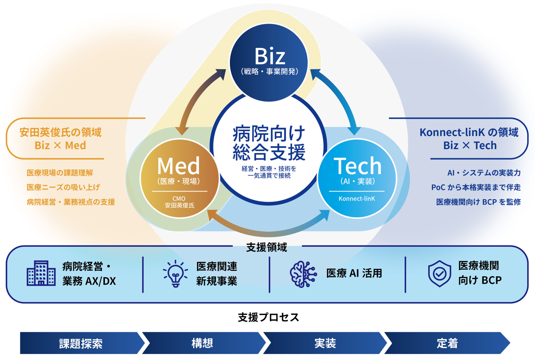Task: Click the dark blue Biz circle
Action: [269, 63]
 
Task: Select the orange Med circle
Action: [179, 179]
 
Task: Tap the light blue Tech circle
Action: [357, 179]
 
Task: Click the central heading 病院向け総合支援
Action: [269, 143]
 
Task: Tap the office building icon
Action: [41, 273]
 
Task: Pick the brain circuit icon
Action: [303, 274]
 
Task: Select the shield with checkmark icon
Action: [439, 274]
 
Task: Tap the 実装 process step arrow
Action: [325, 343]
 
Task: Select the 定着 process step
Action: [447, 343]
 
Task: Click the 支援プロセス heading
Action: [269, 317]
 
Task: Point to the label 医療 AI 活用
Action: [354, 273]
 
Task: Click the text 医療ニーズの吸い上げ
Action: [63, 187]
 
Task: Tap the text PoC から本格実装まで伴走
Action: [476, 187]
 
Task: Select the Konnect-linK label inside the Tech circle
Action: [357, 198]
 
